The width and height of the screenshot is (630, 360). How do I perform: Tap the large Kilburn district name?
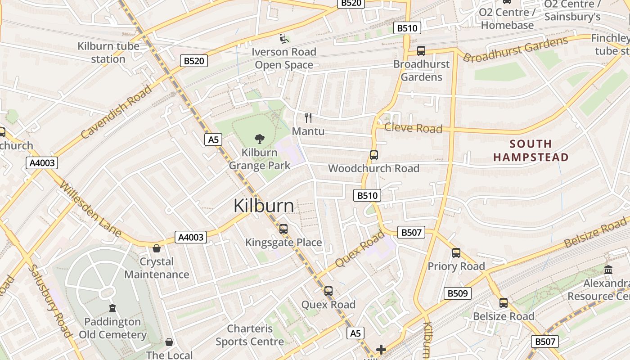click(264, 206)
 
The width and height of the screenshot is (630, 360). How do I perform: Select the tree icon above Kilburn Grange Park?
click(259, 139)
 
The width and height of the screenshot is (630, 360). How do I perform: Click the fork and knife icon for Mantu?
click(308, 118)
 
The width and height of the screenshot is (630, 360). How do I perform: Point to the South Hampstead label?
click(531, 150)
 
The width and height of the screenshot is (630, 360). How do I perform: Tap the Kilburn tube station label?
click(108, 53)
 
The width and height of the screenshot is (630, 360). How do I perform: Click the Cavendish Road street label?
click(117, 112)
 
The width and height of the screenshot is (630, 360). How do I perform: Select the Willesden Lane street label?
click(90, 209)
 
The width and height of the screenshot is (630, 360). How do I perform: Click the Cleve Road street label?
click(413, 128)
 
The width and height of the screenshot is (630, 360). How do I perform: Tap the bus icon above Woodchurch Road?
click(373, 155)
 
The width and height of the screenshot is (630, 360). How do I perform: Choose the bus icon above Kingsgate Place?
click(283, 229)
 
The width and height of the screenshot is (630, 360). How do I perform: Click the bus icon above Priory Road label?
click(456, 253)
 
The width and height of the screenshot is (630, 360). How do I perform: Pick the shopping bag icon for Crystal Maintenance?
click(157, 248)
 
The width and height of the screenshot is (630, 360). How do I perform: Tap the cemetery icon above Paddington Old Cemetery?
click(112, 309)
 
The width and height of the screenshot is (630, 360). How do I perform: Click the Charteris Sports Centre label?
click(250, 335)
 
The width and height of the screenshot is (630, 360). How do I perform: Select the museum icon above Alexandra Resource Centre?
click(608, 270)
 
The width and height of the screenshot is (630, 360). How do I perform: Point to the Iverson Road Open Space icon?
click(283, 39)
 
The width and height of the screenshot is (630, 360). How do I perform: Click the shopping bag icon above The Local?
click(169, 342)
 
